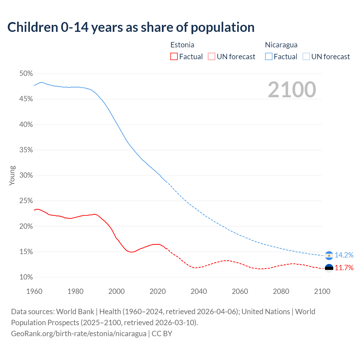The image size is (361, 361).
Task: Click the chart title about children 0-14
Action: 131,27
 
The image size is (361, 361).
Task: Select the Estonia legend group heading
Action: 182,45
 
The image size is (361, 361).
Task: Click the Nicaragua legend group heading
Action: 281,45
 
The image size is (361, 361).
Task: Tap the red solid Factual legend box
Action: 174,57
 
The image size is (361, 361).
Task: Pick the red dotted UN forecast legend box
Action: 212,57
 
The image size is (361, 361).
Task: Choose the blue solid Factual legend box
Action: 268,57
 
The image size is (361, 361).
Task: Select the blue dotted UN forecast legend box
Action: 306,57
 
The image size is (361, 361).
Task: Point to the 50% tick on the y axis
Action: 26,74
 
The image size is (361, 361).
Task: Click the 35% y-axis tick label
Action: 26,150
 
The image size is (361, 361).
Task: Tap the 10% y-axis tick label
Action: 26,277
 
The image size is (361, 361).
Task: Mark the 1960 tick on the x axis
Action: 34,291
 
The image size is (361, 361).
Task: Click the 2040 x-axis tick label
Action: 199,291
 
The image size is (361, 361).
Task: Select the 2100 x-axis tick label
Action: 322,291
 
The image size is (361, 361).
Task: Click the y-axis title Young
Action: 12,175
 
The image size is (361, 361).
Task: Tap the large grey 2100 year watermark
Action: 292,90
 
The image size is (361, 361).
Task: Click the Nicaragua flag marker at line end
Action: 329,256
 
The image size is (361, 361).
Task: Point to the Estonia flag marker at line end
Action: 329,268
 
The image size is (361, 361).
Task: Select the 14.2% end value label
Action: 344,255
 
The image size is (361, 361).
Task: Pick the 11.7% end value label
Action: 344,268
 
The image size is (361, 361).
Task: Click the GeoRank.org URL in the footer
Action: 79,334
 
